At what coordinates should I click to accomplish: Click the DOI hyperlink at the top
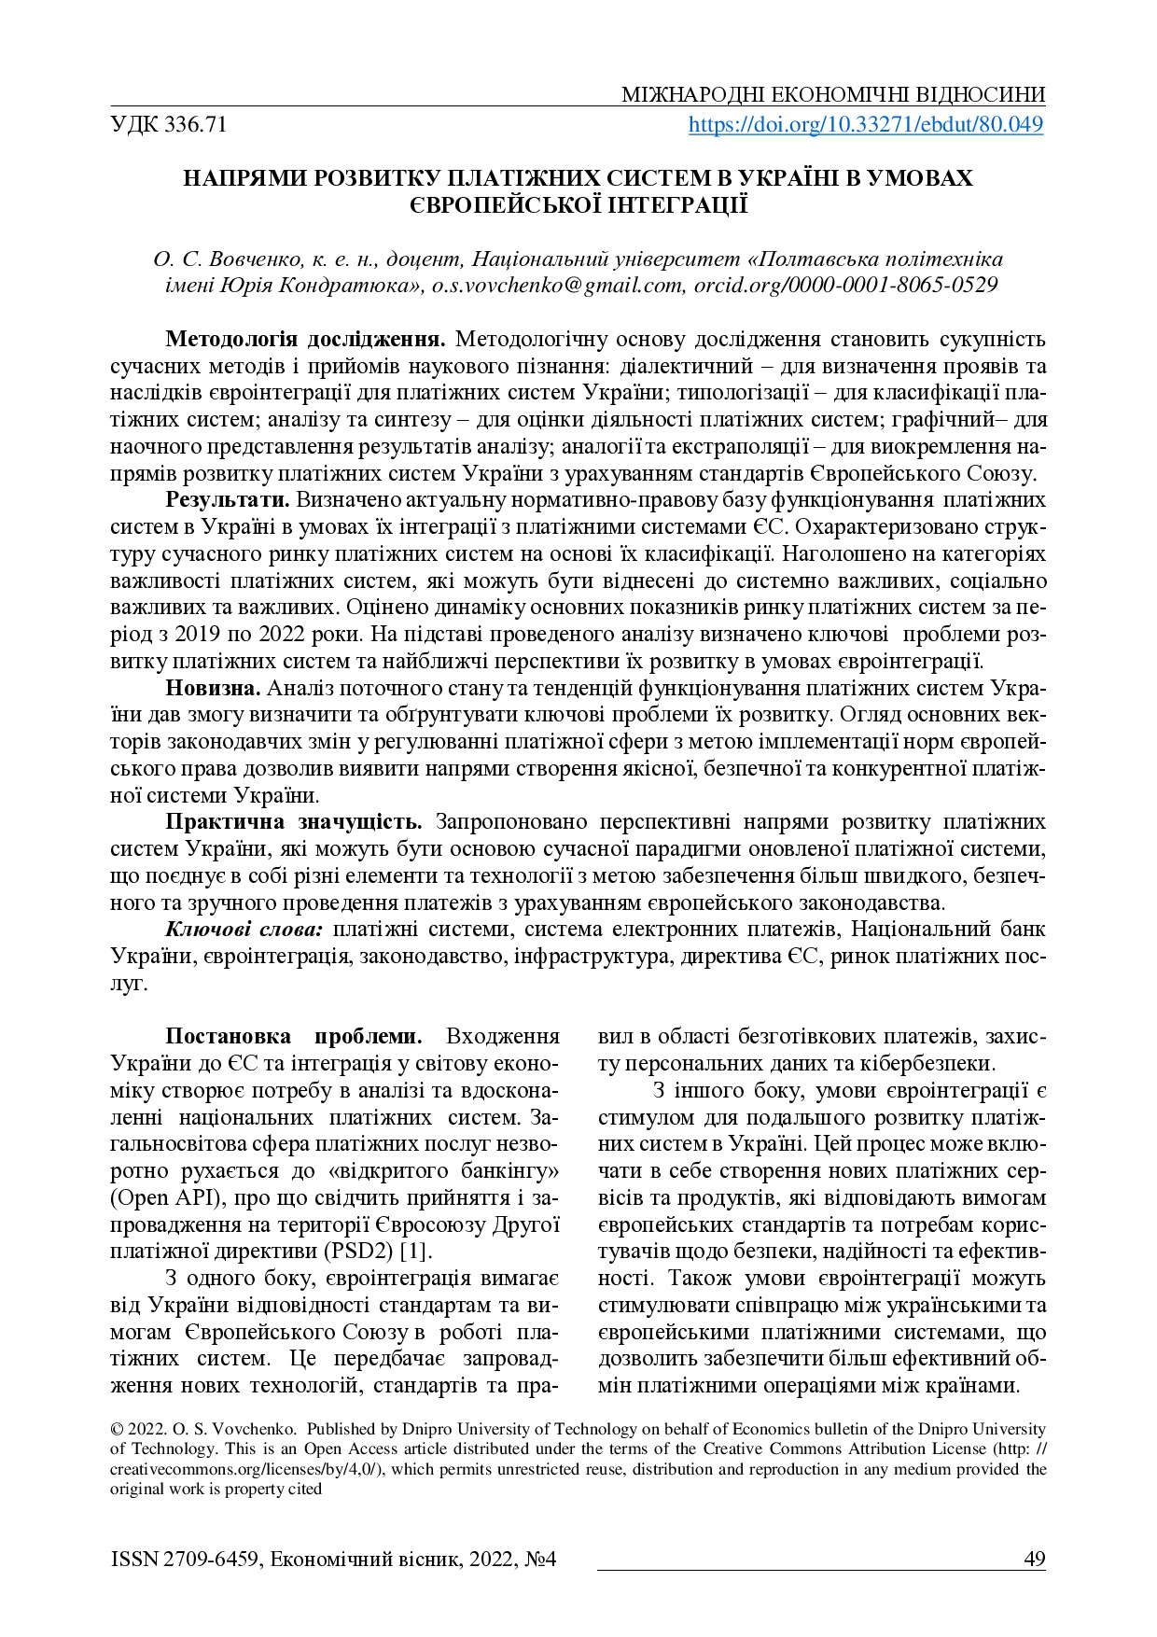(865, 124)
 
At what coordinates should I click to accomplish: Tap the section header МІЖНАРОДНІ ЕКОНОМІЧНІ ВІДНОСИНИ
(833, 95)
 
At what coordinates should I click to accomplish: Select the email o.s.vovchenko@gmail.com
(558, 286)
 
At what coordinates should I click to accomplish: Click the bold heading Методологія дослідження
(305, 339)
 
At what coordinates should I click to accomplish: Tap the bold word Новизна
(212, 688)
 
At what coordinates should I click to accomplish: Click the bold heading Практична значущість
(294, 821)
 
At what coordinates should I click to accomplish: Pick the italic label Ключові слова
(244, 930)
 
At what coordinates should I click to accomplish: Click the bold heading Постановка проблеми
(294, 1037)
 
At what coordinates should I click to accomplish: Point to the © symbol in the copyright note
(116, 1429)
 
